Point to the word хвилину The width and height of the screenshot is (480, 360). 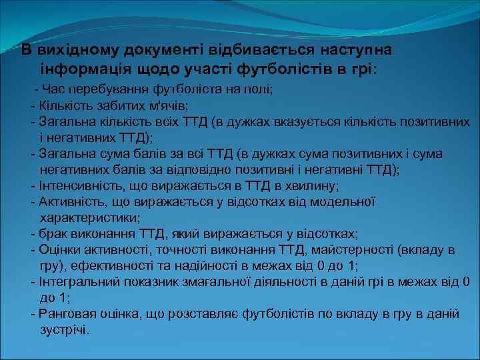pyautogui.click(x=312, y=185)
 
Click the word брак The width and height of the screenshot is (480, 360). pyautogui.click(x=53, y=234)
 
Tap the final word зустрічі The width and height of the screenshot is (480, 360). pyautogui.click(x=64, y=330)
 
